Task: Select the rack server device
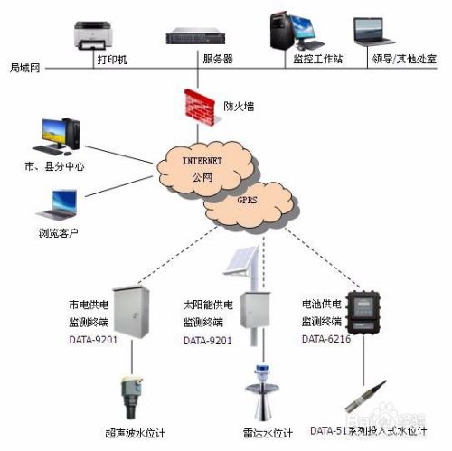195,37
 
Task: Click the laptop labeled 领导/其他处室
372,33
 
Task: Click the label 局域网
24,68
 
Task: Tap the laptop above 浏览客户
56,206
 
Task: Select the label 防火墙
238,106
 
